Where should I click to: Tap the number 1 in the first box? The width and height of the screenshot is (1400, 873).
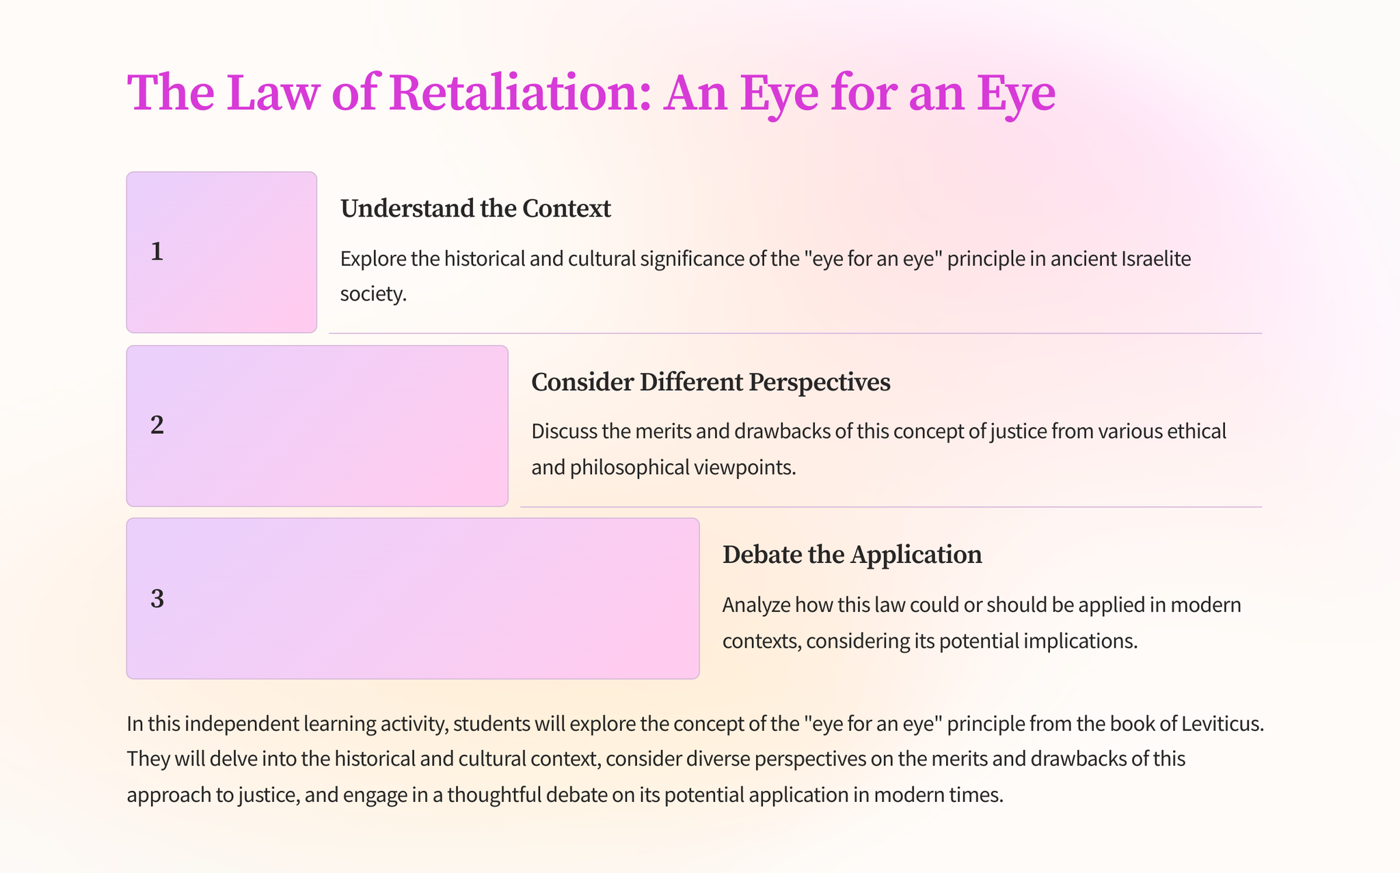pyautogui.click(x=157, y=252)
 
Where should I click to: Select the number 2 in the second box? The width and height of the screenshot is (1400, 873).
pyautogui.click(x=157, y=426)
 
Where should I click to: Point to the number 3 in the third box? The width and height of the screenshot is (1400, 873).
pyautogui.click(x=157, y=599)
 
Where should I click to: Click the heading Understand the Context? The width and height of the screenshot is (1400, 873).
pyautogui.click(x=475, y=208)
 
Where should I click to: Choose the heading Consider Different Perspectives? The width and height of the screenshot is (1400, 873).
pyautogui.click(x=710, y=382)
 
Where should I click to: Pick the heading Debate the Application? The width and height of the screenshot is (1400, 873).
pyautogui.click(x=852, y=555)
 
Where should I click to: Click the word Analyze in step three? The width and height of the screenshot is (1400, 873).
pyautogui.click(x=755, y=605)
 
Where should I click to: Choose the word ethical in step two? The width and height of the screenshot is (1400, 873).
pyautogui.click(x=1190, y=432)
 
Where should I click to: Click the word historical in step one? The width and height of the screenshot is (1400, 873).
pyautogui.click(x=491, y=259)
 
